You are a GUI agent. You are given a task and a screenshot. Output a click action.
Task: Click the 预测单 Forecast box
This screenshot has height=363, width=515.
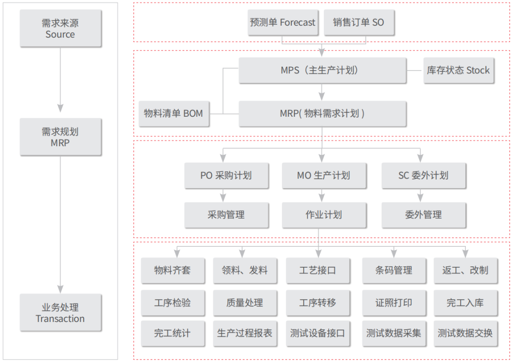283,22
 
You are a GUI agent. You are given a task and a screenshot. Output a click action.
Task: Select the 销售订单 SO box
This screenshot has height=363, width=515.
359,22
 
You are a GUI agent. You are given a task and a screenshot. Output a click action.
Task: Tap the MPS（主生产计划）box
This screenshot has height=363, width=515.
322,70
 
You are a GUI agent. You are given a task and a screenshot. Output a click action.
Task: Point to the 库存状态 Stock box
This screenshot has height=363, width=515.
459,70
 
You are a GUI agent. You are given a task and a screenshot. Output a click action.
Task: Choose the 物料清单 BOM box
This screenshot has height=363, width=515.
174,113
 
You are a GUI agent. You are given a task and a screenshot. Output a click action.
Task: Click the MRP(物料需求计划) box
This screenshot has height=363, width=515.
322,113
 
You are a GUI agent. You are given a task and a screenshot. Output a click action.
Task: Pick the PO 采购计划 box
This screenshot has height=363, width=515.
227,176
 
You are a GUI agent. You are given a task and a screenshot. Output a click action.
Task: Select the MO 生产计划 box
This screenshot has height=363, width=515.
324,176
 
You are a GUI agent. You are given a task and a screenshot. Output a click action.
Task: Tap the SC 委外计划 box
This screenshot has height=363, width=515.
423,176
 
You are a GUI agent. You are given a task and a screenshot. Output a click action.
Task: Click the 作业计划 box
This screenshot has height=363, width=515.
324,215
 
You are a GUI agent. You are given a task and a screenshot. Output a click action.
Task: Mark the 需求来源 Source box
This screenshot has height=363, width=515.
61,28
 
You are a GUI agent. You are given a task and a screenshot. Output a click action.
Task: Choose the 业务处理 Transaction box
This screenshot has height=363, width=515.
61,313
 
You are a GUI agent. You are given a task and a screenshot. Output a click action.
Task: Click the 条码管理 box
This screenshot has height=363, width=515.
394,271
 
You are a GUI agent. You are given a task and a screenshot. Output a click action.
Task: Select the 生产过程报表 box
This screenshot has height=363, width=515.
245,333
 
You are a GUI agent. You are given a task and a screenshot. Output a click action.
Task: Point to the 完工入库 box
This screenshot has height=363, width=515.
465,302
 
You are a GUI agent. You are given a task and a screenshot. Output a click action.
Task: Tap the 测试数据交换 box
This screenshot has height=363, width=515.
465,333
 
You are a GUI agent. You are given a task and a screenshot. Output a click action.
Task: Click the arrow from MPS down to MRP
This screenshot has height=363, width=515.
322,92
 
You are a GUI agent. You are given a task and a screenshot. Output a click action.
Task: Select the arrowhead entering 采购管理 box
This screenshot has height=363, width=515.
223,198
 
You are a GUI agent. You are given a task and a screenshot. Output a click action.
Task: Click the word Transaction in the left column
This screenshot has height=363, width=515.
60,319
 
